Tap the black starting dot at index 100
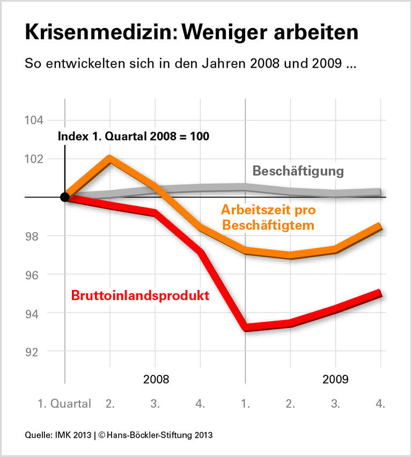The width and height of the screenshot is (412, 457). [65, 197]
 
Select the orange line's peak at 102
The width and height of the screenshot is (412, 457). [110, 158]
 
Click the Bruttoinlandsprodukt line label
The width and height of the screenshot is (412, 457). [140, 295]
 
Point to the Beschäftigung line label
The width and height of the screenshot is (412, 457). [298, 171]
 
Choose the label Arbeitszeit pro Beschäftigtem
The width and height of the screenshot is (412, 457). [268, 217]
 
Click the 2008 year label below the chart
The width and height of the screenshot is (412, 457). [156, 379]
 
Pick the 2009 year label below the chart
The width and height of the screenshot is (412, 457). [336, 379]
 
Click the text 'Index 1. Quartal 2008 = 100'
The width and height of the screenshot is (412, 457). [133, 136]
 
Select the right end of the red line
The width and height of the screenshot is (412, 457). [380, 293]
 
